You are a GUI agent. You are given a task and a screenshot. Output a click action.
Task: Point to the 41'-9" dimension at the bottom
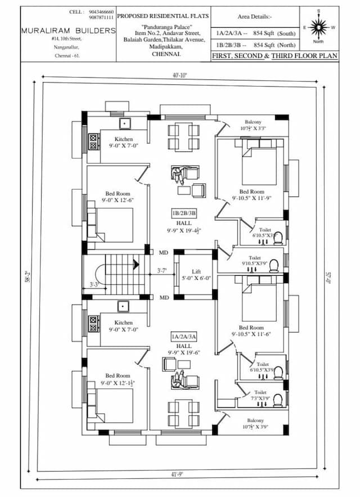tap(178, 474)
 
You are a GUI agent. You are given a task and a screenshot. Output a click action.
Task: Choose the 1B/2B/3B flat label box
tap(184, 213)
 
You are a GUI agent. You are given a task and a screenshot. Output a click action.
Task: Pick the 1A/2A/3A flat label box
tap(184, 337)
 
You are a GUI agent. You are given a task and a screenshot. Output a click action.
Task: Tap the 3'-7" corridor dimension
tap(162, 271)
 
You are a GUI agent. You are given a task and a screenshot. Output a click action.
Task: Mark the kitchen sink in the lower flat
tap(124, 306)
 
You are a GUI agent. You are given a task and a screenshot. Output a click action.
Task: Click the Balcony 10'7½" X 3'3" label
tap(253, 125)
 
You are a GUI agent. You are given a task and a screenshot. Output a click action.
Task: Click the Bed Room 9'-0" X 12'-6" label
tap(118, 197)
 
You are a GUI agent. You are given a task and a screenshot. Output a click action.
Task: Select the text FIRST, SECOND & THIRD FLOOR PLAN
tap(274, 56)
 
